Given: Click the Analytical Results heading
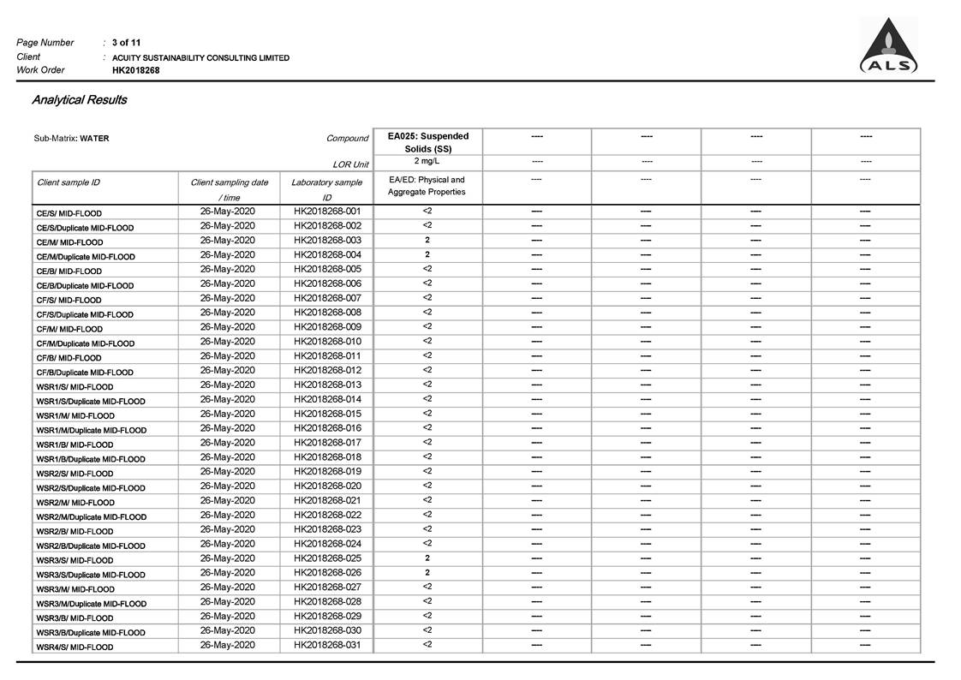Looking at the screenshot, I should coord(80,100).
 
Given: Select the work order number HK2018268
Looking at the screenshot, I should coord(135,70).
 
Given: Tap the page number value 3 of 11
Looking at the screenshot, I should coord(127,43).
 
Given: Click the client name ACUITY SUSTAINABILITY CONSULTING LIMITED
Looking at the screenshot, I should coord(200,57).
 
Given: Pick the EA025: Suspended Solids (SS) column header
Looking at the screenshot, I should coord(427,142).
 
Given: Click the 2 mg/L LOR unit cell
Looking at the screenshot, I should coord(427,161).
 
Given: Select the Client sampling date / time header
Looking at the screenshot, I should coord(229,189).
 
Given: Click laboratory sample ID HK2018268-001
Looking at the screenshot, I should coord(327,212).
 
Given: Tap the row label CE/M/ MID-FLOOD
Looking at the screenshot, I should coord(69,242).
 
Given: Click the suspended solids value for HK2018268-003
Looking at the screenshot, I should coord(427,241).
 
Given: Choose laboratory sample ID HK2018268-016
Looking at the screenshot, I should coord(327,428).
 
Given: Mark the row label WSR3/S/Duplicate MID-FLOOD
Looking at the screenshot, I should coord(91,575).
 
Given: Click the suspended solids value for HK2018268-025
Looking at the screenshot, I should coord(427,558).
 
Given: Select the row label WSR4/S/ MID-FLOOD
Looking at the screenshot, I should coord(75,647).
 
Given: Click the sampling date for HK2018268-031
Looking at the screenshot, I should coord(228,645).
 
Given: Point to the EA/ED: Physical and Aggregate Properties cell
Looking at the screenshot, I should coord(427,186).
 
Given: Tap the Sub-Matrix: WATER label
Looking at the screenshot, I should coord(71,138).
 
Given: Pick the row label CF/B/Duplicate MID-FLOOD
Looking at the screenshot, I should coord(85,373).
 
